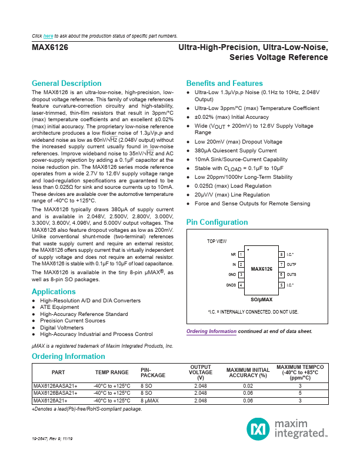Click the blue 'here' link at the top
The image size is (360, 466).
pyautogui.click(x=48, y=36)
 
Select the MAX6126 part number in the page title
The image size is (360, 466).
pyautogui.click(x=49, y=48)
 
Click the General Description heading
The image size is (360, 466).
pyautogui.click(x=66, y=84)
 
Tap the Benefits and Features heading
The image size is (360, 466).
pyautogui.click(x=224, y=84)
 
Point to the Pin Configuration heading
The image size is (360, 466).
pyautogui.click(x=217, y=222)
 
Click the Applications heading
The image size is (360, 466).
pyautogui.click(x=54, y=292)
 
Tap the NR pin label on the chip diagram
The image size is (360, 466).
pyautogui.click(x=233, y=254)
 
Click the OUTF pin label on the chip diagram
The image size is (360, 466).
pyautogui.click(x=291, y=265)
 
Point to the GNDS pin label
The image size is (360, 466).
pyautogui.click(x=231, y=285)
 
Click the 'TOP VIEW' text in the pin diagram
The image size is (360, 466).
pyautogui.click(x=216, y=241)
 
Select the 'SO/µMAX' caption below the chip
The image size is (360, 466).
pyautogui.click(x=261, y=299)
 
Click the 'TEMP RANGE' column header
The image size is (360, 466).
pyautogui.click(x=112, y=372)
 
